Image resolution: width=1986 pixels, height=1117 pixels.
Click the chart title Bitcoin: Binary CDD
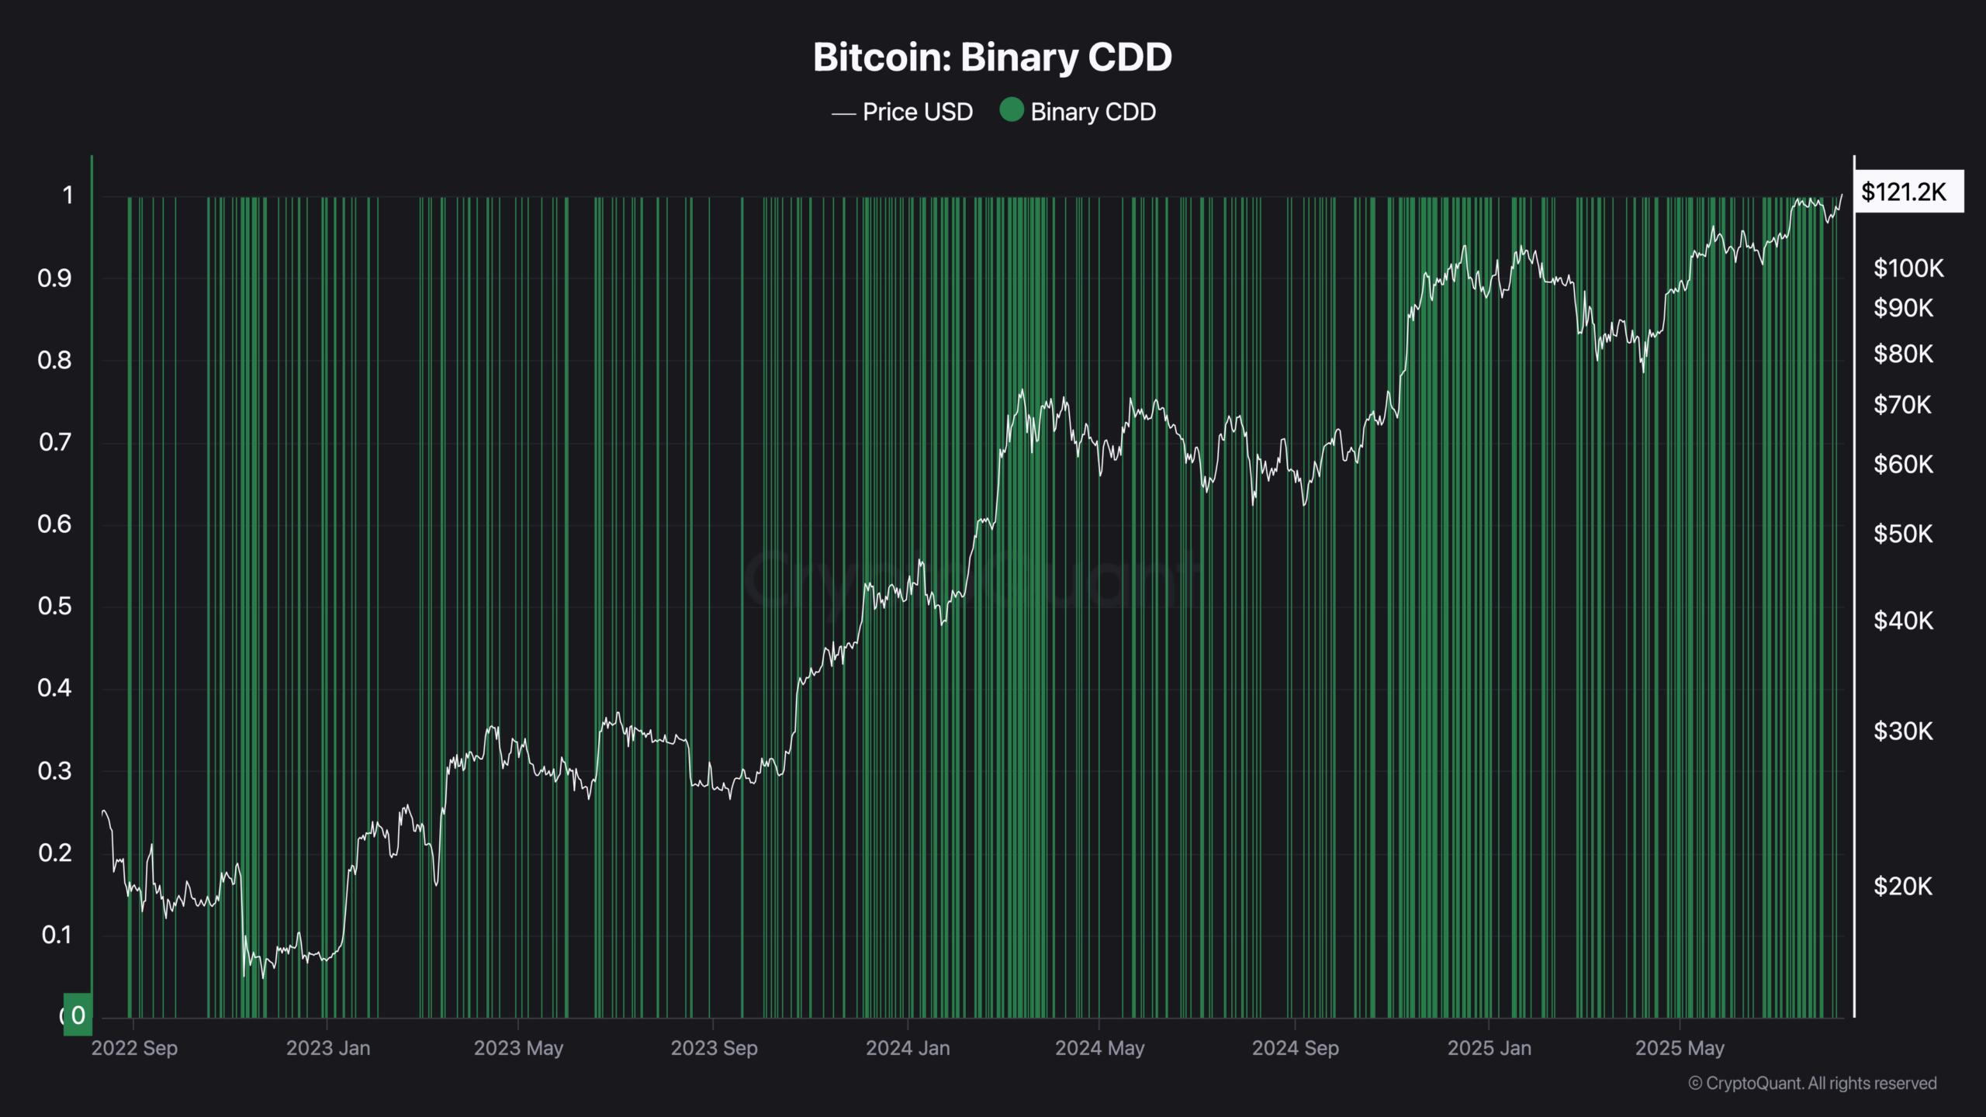tap(992, 57)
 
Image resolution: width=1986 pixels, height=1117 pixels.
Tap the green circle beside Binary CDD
tap(1011, 110)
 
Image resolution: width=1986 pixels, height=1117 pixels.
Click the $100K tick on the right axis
tap(1908, 268)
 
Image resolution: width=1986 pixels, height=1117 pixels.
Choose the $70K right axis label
tap(1901, 405)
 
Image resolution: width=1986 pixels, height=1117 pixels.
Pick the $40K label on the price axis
tap(1902, 621)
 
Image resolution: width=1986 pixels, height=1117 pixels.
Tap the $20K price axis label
tap(1902, 886)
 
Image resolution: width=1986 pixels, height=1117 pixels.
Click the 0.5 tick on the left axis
tap(54, 606)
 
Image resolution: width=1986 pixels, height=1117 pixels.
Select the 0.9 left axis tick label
tap(54, 278)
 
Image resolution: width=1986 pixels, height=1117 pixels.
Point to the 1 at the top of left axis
tap(68, 195)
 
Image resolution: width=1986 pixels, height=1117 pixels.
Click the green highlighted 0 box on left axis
tap(78, 1015)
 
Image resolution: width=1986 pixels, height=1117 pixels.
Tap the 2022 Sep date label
tap(134, 1048)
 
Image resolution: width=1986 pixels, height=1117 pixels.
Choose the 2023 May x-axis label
tap(518, 1048)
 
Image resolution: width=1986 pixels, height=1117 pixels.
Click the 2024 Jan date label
tap(908, 1048)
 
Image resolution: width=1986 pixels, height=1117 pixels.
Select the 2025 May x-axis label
tap(1680, 1048)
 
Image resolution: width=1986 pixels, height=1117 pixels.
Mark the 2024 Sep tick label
tap(1295, 1048)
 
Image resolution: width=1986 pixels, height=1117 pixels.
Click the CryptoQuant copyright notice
tap(1812, 1084)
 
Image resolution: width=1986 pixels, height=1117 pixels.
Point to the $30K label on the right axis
tap(1902, 731)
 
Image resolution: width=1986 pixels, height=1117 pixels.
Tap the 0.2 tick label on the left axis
tap(54, 853)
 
